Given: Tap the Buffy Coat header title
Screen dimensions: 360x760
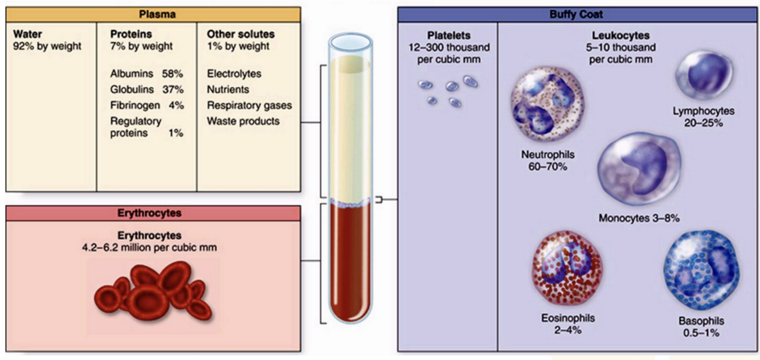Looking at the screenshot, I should (x=577, y=14).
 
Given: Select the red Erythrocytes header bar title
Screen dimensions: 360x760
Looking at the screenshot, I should (x=153, y=213).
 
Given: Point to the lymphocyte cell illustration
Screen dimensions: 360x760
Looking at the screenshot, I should (x=704, y=76).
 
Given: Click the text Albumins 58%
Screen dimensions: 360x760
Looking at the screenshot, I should (x=146, y=74).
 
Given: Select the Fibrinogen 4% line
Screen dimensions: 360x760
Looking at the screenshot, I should (x=146, y=105).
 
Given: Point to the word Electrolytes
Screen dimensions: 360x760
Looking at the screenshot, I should (x=234, y=74).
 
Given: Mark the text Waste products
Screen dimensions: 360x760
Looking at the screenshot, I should (x=243, y=121).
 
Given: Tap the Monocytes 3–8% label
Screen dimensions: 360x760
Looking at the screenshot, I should (x=639, y=218).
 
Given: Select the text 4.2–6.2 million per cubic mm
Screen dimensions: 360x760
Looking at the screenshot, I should (x=150, y=248).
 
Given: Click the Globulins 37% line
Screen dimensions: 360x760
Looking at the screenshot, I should (x=146, y=90).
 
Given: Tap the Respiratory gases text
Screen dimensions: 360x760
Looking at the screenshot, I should (x=249, y=105).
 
